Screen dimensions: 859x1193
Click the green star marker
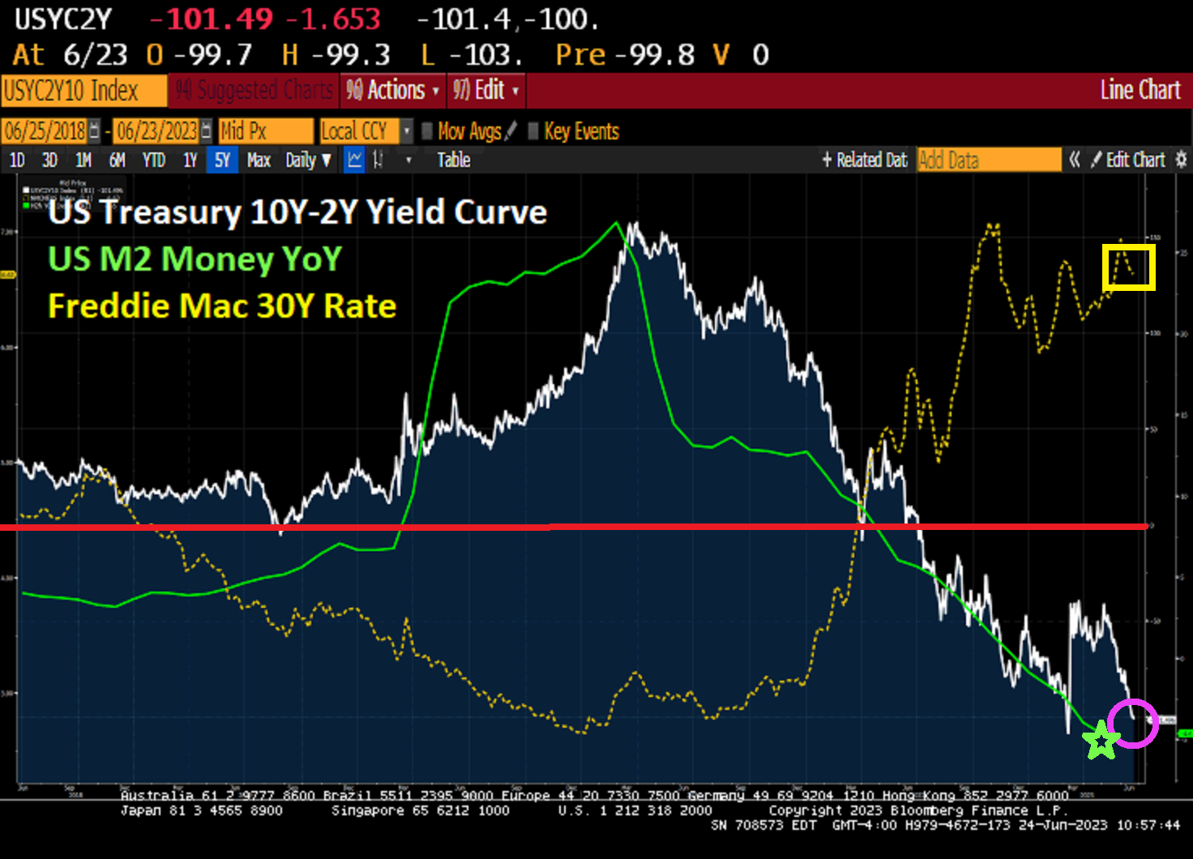[x=1101, y=741]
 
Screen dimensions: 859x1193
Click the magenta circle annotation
[x=1133, y=723]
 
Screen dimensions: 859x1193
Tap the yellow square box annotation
[x=1128, y=267]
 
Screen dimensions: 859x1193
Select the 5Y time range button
[x=222, y=160]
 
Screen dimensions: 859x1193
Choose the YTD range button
[x=153, y=160]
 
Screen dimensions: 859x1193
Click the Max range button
[x=259, y=160]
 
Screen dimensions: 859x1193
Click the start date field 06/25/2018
[x=45, y=131]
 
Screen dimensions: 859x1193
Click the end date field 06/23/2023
[x=156, y=131]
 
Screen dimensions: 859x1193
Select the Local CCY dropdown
[x=361, y=131]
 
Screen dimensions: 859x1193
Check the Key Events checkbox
[x=533, y=131]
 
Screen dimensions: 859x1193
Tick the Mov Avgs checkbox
[x=427, y=131]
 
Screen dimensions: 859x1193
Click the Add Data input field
[x=989, y=160]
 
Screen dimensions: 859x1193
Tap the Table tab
[x=454, y=160]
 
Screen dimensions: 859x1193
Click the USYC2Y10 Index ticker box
[x=83, y=91]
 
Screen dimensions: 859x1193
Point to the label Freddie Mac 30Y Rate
[x=222, y=306]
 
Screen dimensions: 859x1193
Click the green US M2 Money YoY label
[x=195, y=259]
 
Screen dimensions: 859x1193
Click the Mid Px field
[x=265, y=131]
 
